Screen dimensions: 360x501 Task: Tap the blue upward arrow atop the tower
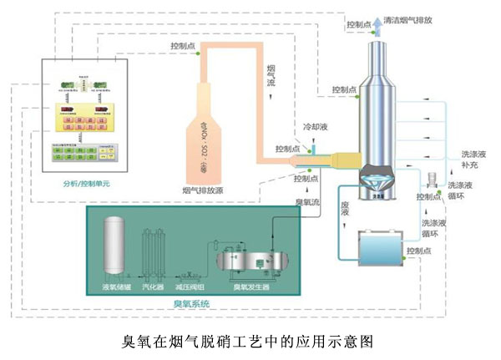376,24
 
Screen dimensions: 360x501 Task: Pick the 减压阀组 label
190,286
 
